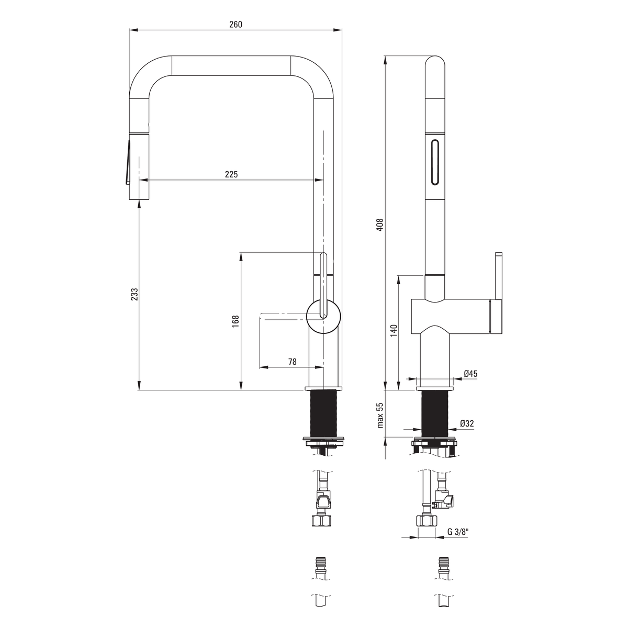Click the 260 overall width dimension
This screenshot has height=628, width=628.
(x=235, y=25)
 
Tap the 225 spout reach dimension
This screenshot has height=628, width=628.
(x=231, y=174)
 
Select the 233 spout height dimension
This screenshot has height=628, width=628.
(x=134, y=294)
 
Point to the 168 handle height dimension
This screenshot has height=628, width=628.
(x=235, y=321)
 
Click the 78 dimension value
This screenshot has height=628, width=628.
(x=293, y=362)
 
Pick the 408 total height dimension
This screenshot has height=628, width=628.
(x=380, y=225)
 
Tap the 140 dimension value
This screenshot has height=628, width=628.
(x=394, y=330)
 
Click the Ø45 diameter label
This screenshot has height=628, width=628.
(x=470, y=374)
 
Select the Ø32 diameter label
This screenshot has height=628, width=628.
(x=467, y=424)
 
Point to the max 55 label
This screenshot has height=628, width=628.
(x=380, y=416)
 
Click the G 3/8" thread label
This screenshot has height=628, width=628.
(x=458, y=532)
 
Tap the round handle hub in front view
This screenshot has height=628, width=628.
(x=323, y=317)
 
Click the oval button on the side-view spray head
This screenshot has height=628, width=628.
(x=435, y=162)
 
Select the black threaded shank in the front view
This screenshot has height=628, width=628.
(x=323, y=414)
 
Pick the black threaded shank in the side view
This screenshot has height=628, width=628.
(x=435, y=414)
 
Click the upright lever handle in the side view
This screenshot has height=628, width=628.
(x=499, y=293)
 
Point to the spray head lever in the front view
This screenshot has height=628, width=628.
(x=127, y=162)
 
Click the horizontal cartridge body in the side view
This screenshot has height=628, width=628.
(x=451, y=317)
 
